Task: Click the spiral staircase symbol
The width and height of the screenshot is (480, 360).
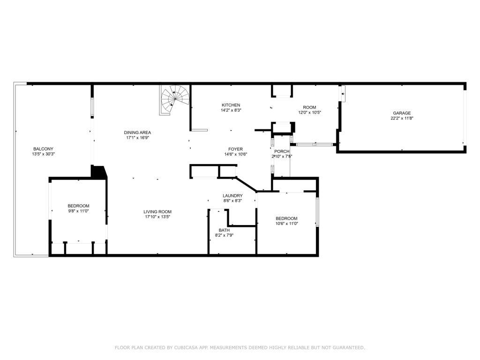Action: pos(175,99)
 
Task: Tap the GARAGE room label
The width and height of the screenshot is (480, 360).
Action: pos(402,113)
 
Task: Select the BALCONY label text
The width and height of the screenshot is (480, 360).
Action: pos(43,149)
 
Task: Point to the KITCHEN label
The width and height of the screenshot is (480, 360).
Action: pos(231,105)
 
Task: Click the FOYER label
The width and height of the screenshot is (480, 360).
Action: pos(235,149)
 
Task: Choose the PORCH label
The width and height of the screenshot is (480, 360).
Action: pos(282,151)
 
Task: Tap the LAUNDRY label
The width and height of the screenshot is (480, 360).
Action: pos(232,195)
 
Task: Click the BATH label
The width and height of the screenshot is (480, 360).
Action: pos(224,230)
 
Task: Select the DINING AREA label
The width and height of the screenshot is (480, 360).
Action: pos(137,132)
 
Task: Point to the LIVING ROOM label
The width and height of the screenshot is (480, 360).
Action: pos(157,211)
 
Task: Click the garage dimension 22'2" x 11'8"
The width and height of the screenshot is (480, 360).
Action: pos(402,119)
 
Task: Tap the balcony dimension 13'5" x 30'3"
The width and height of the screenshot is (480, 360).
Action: pos(43,154)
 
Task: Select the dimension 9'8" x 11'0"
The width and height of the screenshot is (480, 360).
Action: pos(78,211)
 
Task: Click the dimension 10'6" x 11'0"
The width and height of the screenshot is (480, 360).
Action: pos(286,224)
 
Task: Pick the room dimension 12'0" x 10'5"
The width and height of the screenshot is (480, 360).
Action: pos(310,112)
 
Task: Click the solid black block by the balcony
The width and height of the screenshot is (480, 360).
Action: pos(98,172)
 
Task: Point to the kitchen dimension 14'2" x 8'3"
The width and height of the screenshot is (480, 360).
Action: pos(231,110)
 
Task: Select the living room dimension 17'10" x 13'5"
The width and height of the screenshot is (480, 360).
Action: pos(157,217)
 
